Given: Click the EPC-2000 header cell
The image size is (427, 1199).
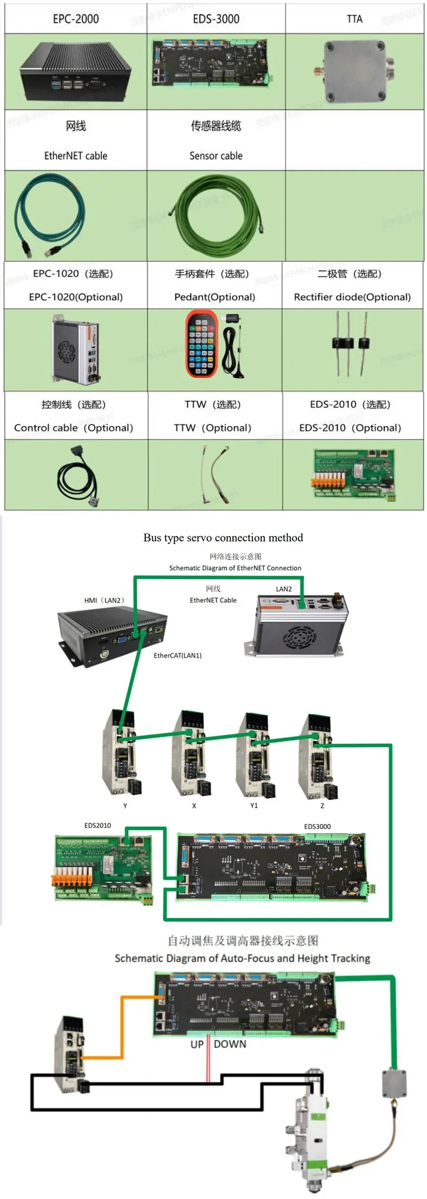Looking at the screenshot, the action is click(x=76, y=19).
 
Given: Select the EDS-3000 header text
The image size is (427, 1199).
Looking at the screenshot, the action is click(x=216, y=19).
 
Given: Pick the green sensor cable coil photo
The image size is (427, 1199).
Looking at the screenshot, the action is click(x=216, y=209).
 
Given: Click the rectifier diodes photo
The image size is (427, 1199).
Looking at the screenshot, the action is click(x=350, y=343).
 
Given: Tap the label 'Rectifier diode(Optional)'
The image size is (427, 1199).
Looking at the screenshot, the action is click(x=352, y=297).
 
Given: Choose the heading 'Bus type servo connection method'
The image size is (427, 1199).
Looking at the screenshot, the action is click(x=223, y=537).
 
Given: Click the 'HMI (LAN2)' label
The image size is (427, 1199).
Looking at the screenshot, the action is click(x=104, y=600).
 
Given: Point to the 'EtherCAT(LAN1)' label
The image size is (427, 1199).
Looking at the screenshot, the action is click(x=177, y=656).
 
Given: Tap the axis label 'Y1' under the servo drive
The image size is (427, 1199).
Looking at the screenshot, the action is click(x=254, y=806).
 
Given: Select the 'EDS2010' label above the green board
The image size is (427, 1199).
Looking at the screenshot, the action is click(x=98, y=825).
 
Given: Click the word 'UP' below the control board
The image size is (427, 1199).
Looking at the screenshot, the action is click(x=197, y=1044).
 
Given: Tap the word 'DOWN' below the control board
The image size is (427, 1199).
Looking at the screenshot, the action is click(x=230, y=1044).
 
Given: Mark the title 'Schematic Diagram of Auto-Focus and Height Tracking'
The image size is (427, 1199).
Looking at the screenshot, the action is click(x=242, y=958).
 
